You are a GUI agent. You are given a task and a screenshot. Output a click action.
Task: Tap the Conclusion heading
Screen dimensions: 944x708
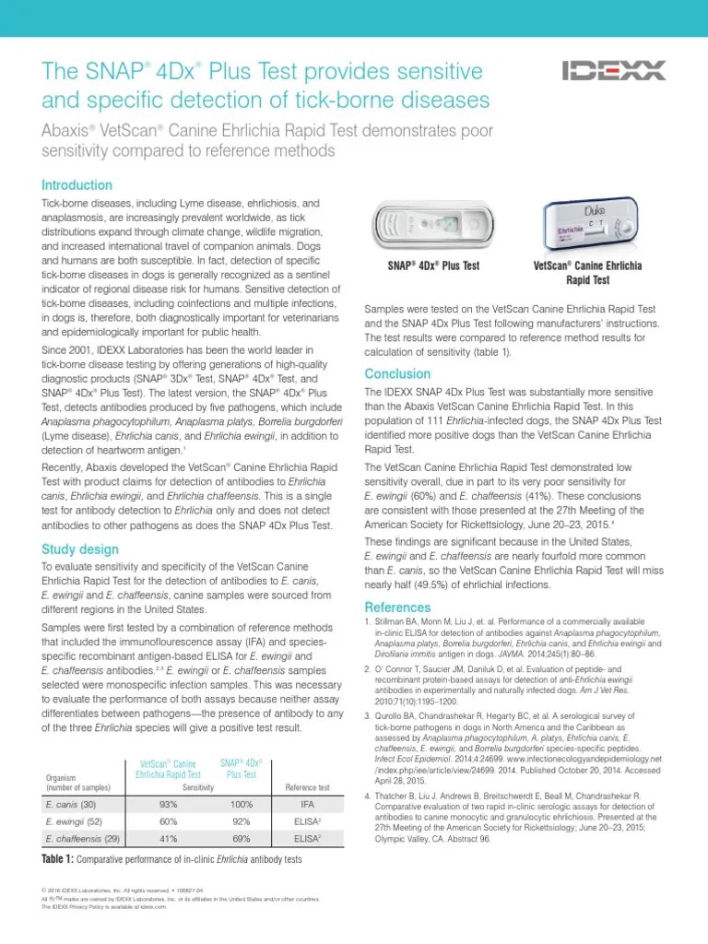(x=397, y=374)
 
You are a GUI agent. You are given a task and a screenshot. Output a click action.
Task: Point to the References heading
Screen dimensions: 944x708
(x=397, y=608)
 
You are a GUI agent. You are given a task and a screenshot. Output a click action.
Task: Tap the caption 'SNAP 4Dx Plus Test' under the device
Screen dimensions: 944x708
(x=432, y=266)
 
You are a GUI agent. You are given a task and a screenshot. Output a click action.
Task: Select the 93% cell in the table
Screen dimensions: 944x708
(x=169, y=804)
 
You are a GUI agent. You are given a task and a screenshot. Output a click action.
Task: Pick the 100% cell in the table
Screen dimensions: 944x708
(x=241, y=804)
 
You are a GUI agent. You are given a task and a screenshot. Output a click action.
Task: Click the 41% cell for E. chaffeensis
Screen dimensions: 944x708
(x=169, y=838)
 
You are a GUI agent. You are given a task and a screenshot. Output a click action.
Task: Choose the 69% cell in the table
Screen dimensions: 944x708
(x=241, y=838)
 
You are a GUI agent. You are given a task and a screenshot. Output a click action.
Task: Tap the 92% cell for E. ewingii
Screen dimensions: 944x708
(x=241, y=821)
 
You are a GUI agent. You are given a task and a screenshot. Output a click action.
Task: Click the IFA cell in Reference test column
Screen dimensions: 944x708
(x=307, y=804)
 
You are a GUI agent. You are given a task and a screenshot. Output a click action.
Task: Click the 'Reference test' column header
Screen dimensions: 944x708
(x=307, y=787)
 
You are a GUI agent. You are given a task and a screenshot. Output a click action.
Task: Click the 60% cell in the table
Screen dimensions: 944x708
(x=169, y=821)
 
